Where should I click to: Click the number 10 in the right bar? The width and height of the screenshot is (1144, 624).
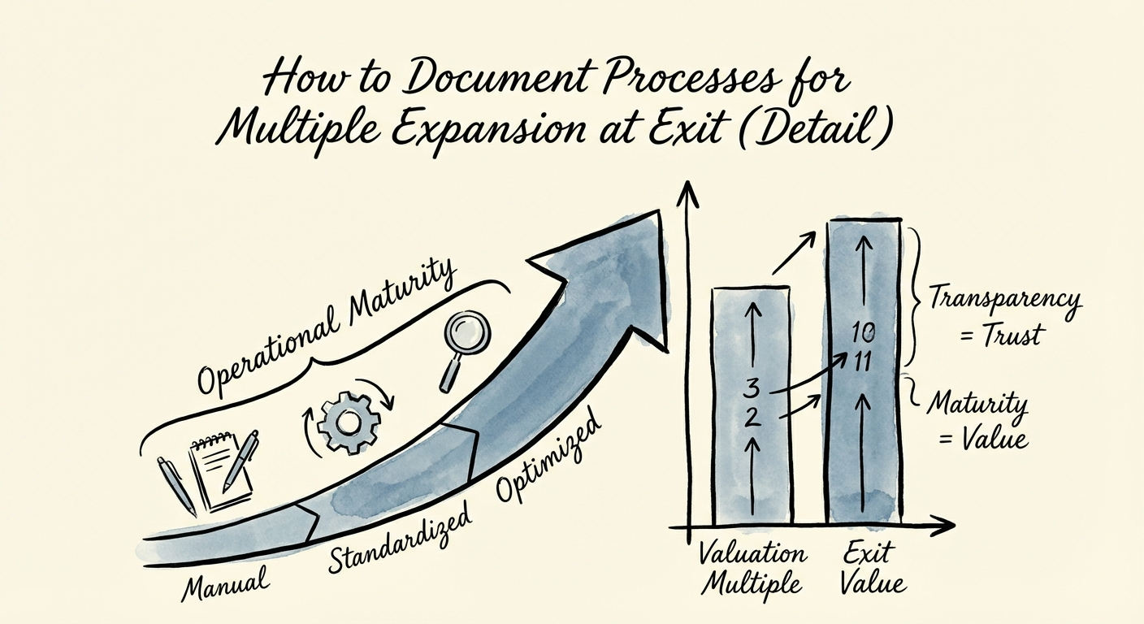click(862, 331)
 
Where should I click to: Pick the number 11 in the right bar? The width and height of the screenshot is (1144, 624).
click(862, 362)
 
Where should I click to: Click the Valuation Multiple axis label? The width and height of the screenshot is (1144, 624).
click(752, 570)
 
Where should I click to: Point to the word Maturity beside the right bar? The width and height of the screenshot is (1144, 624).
click(977, 404)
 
